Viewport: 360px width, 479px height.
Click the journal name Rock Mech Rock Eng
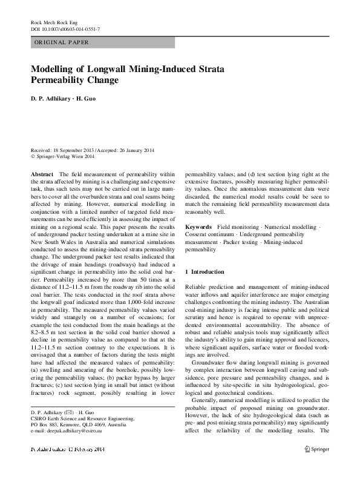tap(55, 22)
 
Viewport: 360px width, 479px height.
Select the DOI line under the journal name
tap(65, 29)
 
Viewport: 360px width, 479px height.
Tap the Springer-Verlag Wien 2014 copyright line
tap(64, 156)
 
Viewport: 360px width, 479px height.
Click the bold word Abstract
tap(42, 174)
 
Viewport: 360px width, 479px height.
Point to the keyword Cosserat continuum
tap(211, 234)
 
